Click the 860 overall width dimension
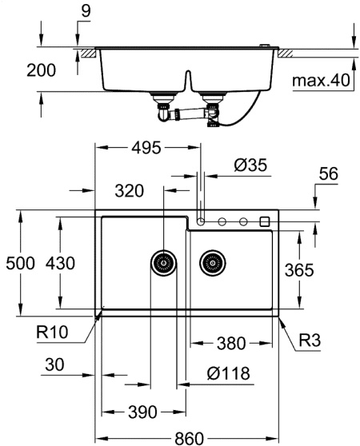click(189, 438)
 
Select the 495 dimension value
click(146, 148)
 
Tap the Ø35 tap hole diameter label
click(250, 165)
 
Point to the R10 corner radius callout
click(52, 332)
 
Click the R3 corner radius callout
click(310, 340)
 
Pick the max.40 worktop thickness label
click(321, 81)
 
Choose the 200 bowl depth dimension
click(42, 70)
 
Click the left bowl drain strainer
click(164, 263)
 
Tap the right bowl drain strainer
click(213, 263)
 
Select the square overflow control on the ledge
click(265, 221)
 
